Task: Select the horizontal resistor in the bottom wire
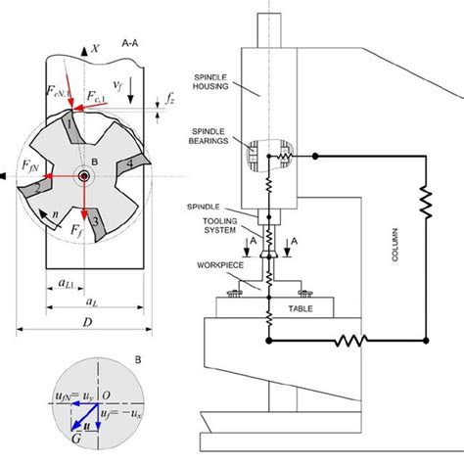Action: [x=349, y=342]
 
